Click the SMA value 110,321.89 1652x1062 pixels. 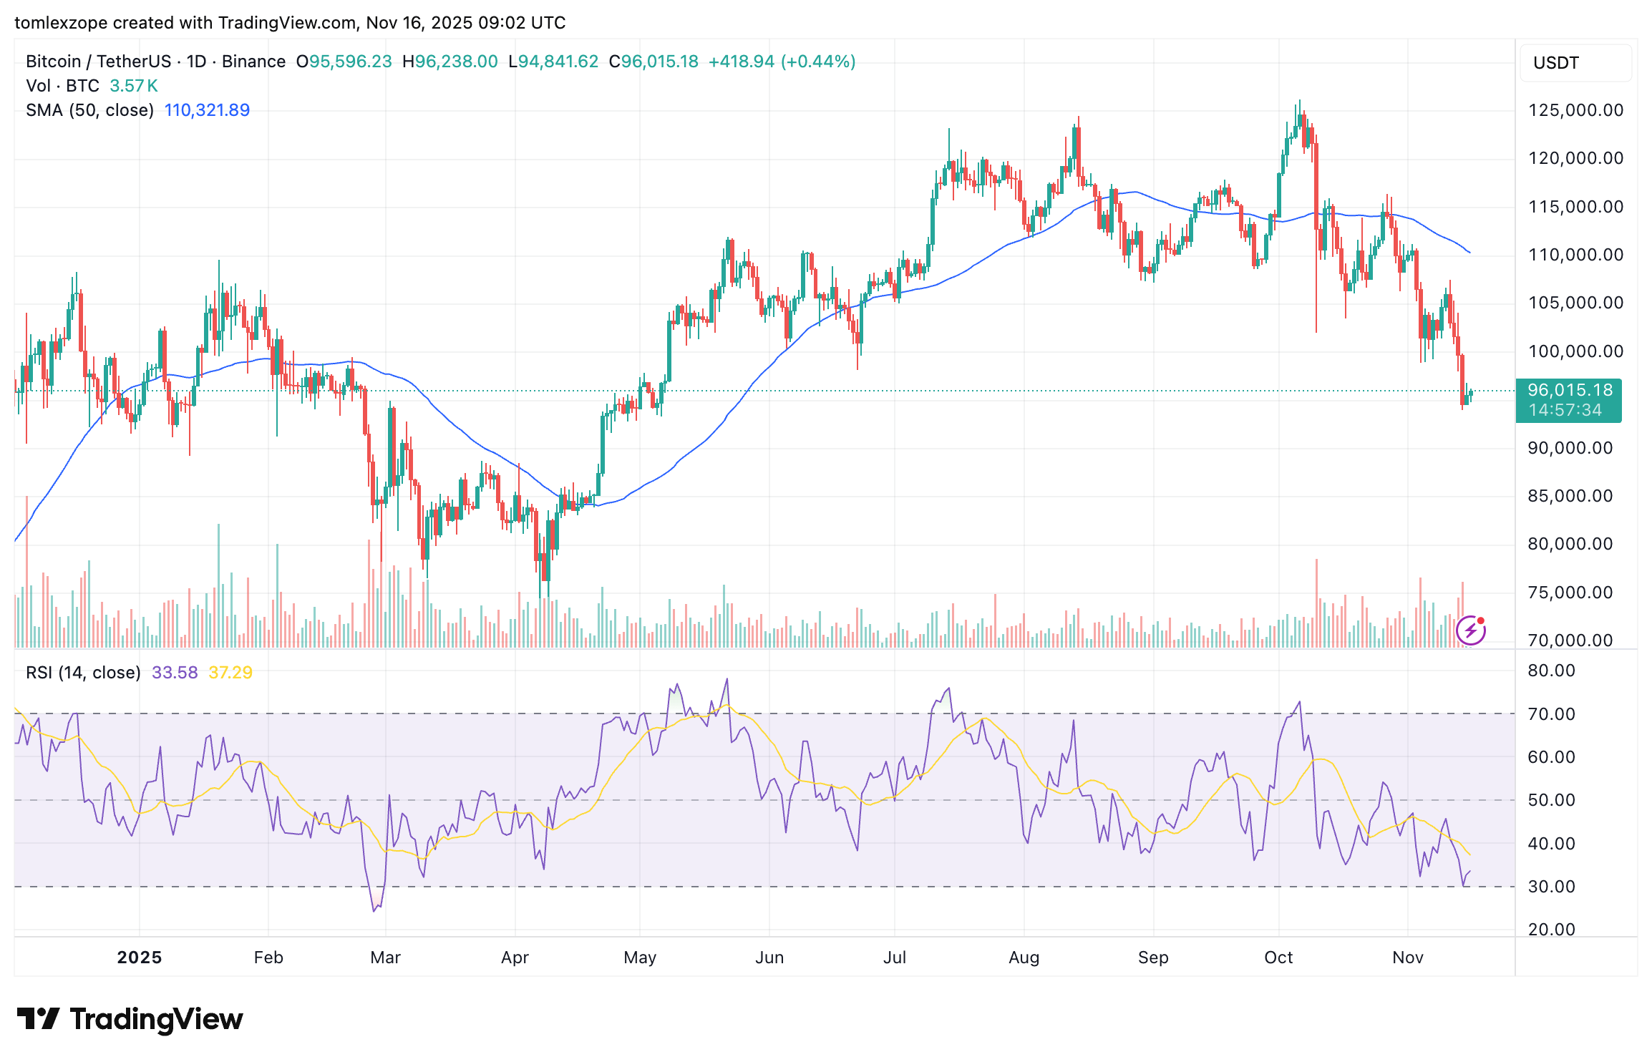pos(207,110)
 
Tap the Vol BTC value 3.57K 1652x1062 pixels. pos(133,86)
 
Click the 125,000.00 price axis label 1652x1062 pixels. pos(1575,110)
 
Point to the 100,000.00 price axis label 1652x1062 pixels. pos(1575,351)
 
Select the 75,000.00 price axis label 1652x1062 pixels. pos(1570,593)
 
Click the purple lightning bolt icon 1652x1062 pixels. pos(1470,630)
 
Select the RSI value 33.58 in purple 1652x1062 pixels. pos(175,673)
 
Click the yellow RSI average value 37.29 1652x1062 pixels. pos(230,673)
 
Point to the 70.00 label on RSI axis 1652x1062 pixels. pos(1551,714)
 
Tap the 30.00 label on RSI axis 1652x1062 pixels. pos(1551,887)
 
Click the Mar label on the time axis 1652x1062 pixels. pos(385,958)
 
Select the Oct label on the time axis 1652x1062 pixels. pos(1278,958)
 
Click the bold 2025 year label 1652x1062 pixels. pos(140,958)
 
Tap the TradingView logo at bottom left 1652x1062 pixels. pos(130,1019)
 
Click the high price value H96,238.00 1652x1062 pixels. pos(450,62)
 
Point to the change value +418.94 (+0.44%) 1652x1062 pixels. pos(782,62)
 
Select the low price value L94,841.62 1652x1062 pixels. pos(553,62)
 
